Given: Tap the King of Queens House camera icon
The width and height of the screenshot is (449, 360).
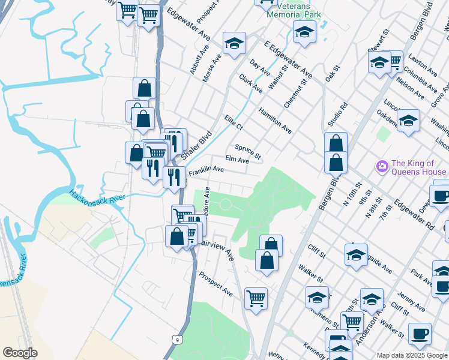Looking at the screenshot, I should tap(381, 166).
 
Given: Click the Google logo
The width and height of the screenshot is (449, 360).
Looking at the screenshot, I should tap(20, 353).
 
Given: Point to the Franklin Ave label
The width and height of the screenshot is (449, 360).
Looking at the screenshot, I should tap(206, 170).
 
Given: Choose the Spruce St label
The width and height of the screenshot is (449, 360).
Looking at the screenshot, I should tap(248, 152).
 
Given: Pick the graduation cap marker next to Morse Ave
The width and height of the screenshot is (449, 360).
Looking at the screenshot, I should tap(234, 43).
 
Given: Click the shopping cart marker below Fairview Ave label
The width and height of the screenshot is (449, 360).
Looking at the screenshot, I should tap(256, 298).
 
